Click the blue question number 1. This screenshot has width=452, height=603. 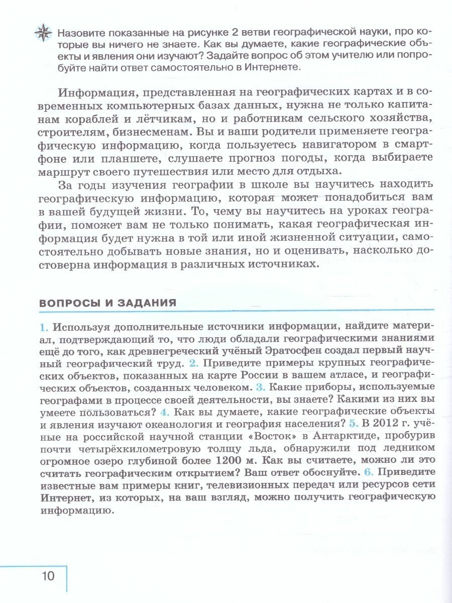[x=44, y=328]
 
